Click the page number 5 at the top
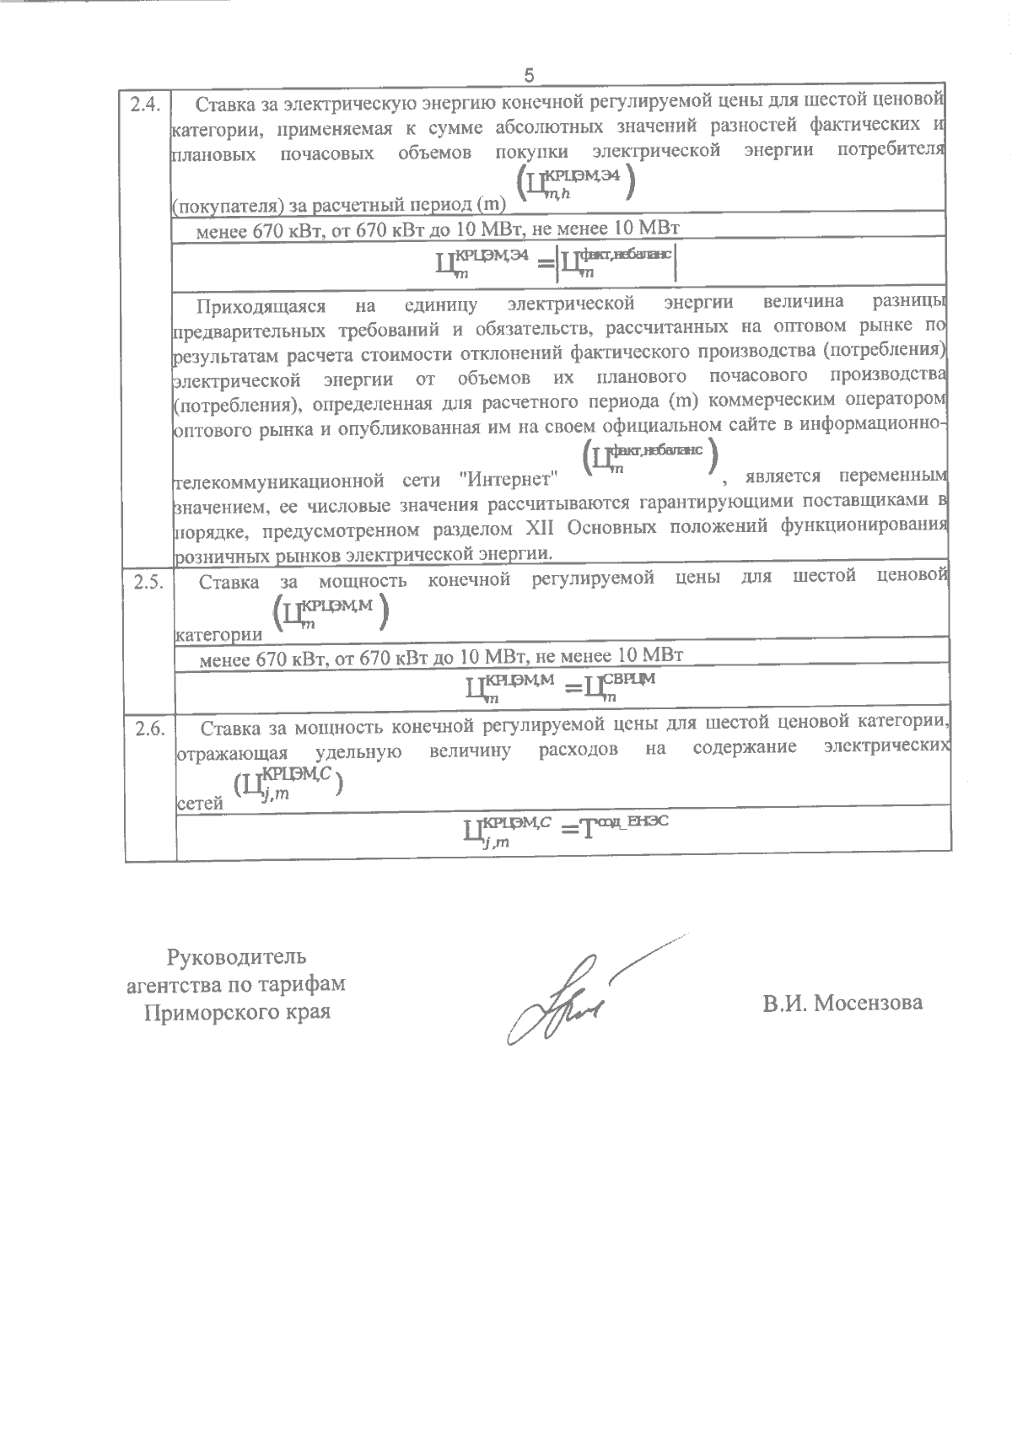(x=529, y=77)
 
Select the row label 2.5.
(x=148, y=582)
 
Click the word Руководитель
(x=237, y=957)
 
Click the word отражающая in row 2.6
(x=231, y=752)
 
